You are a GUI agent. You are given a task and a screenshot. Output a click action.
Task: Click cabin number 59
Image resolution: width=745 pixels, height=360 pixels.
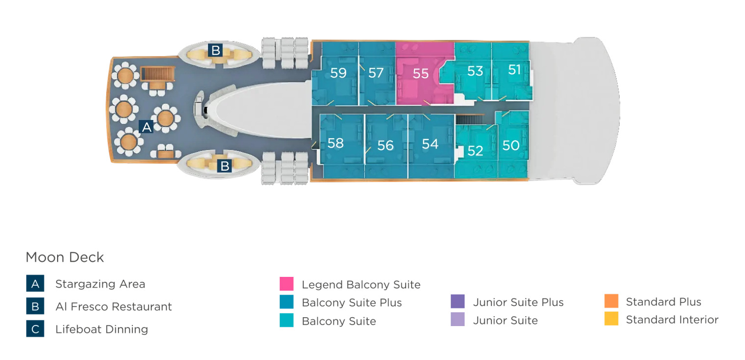[x=338, y=73]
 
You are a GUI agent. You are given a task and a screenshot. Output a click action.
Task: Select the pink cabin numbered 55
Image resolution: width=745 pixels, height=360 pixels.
[x=420, y=74]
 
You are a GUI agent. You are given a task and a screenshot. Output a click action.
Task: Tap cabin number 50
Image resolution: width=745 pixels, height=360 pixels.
[x=511, y=146]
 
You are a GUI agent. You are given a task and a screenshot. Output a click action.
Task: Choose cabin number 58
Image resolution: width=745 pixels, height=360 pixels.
[x=335, y=143]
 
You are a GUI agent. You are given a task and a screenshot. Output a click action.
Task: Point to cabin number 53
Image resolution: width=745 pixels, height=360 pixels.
[x=475, y=71]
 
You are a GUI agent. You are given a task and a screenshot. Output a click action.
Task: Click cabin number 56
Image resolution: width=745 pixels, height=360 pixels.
[x=386, y=146]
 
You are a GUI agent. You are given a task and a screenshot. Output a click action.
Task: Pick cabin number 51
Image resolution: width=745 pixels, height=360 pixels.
[x=514, y=70]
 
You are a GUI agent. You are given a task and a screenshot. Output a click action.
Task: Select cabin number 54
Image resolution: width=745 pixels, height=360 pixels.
[x=430, y=144]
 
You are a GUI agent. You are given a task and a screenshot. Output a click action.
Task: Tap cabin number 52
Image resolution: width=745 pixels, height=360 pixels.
[x=475, y=150]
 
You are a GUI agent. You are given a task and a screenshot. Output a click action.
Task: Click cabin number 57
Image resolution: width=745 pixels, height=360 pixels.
[x=376, y=73]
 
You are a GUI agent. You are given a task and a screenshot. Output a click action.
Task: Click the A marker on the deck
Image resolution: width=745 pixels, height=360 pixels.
[x=146, y=127]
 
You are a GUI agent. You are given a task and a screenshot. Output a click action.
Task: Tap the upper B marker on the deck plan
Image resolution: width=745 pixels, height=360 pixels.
[x=215, y=50]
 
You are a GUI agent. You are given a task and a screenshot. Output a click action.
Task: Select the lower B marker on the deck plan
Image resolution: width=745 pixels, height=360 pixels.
[x=225, y=166]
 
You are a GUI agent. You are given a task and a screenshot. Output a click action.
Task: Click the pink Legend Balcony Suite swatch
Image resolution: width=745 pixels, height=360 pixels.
[x=286, y=284]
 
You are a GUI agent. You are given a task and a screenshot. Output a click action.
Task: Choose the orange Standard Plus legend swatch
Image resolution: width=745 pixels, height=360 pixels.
[x=611, y=301]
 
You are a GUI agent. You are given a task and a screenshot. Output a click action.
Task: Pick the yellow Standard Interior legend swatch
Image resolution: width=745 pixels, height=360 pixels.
[x=611, y=319]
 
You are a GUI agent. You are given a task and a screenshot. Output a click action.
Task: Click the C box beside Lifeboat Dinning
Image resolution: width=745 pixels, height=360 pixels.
[x=35, y=329]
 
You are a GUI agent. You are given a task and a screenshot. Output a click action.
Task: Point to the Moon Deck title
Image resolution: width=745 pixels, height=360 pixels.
[x=65, y=257]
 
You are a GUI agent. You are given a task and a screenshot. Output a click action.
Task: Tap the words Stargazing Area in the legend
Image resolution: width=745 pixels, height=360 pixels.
[x=100, y=284]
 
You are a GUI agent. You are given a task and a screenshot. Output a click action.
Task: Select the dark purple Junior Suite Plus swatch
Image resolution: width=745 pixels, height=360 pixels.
[x=457, y=301]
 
